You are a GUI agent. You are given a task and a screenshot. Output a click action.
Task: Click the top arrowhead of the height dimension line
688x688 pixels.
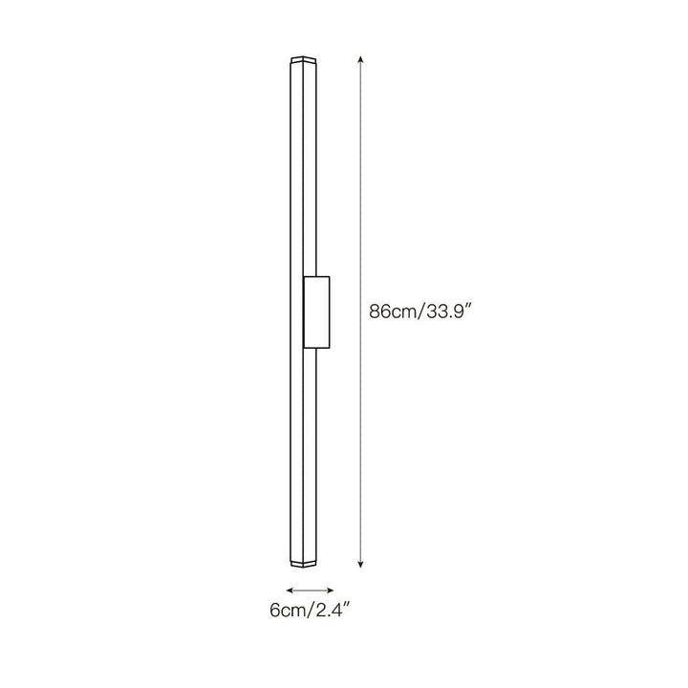click(360, 59)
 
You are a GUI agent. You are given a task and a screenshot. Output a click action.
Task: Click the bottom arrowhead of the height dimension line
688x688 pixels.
click(360, 565)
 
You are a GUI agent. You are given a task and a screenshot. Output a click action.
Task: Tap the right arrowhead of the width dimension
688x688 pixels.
click(331, 591)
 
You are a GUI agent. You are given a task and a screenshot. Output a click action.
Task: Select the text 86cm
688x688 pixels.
click(392, 312)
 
